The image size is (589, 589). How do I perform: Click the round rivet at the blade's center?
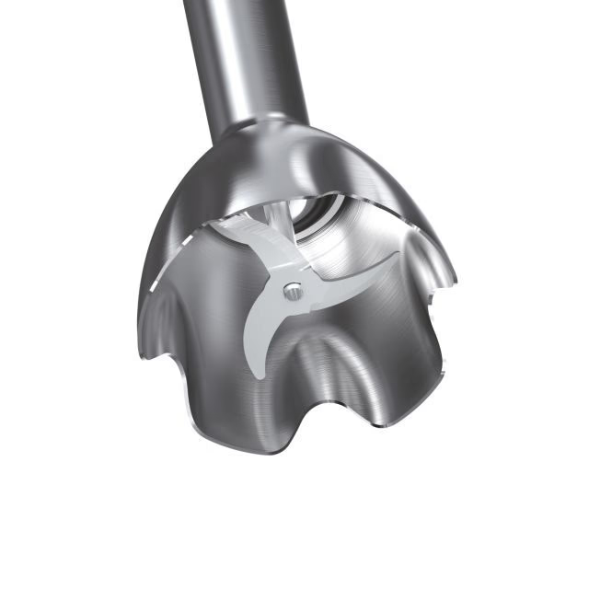pyautogui.click(x=292, y=291)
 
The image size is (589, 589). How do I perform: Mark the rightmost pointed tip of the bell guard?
pyautogui.click(x=456, y=281)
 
